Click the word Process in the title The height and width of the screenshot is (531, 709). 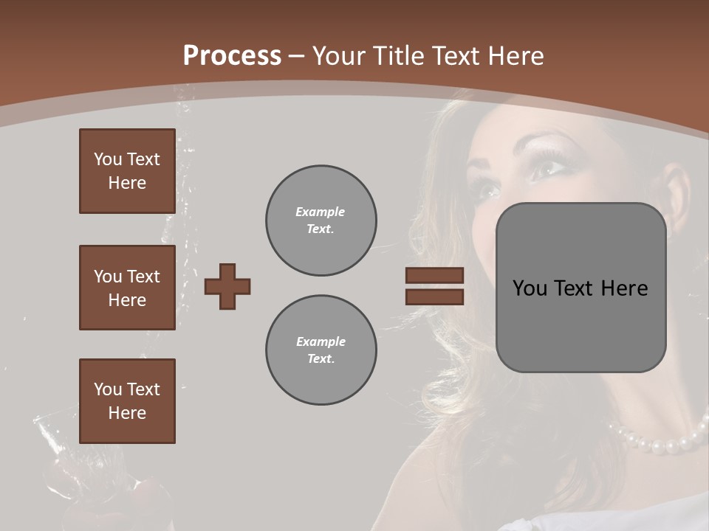[x=232, y=55]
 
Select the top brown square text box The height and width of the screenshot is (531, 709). [x=127, y=171]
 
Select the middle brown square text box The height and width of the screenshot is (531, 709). [x=127, y=288]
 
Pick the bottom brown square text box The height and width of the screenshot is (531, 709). [x=127, y=400]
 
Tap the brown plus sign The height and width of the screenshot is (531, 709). [x=227, y=286]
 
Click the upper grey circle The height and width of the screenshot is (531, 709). [x=321, y=221]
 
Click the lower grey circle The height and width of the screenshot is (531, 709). [x=321, y=350]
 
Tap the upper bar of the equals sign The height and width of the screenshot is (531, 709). [x=434, y=275]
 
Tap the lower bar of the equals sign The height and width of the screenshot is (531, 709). [x=434, y=296]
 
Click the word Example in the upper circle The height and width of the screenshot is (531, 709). [x=321, y=212]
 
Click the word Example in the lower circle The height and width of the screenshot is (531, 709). [x=321, y=341]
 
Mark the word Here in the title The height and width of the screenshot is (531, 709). [x=516, y=55]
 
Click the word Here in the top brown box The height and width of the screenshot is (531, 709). [x=127, y=183]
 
